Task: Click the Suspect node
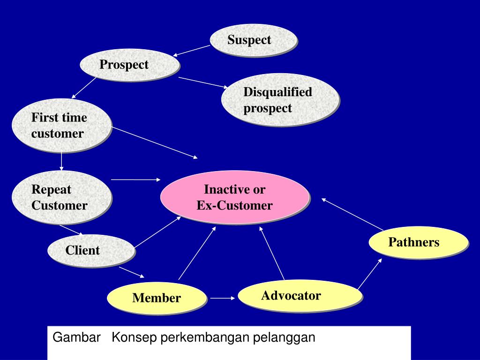pyautogui.click(x=253, y=40)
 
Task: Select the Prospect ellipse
pyautogui.click(x=129, y=65)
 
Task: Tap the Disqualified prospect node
pyautogui.click(x=280, y=99)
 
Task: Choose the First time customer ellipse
pyautogui.click(x=61, y=125)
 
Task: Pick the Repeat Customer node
pyautogui.click(x=61, y=197)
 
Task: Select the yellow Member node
pyautogui.click(x=157, y=298)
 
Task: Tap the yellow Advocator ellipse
pyautogui.click(x=300, y=295)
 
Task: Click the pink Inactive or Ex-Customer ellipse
pyautogui.click(x=235, y=197)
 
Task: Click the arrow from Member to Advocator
pyautogui.click(x=222, y=298)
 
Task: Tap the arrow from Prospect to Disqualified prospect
pyautogui.click(x=203, y=82)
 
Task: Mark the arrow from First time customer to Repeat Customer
pyautogui.click(x=61, y=162)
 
